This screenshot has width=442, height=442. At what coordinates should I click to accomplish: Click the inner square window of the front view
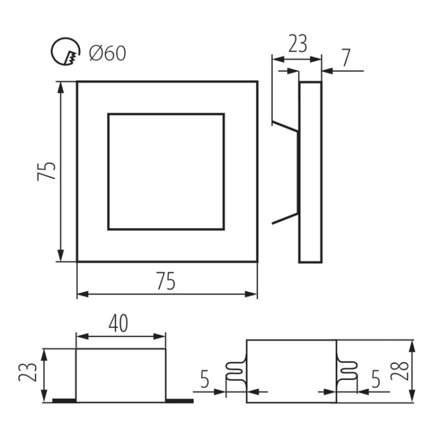pos(166,171)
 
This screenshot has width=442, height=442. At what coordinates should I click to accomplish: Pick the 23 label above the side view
pos(298,44)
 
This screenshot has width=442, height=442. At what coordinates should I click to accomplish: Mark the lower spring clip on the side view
pos(284,217)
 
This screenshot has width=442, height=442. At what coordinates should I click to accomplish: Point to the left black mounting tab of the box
pos(64,401)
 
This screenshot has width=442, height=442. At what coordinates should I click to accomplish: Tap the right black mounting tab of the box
pos(179,401)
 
